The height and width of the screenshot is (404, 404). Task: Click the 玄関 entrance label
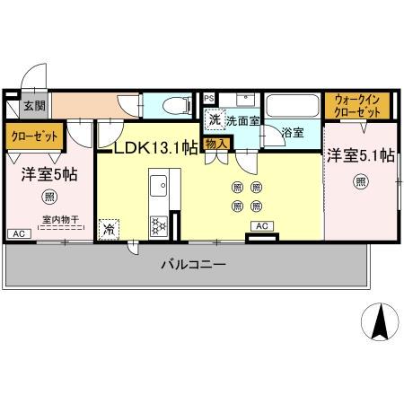(34, 106)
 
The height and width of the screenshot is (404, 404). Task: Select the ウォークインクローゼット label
(357, 106)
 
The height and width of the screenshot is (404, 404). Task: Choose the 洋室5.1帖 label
(360, 155)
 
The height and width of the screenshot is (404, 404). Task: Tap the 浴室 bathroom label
(292, 133)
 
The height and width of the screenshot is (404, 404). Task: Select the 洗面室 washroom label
(242, 120)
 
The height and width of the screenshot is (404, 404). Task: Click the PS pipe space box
(208, 98)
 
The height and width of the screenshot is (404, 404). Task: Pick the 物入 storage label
(216, 144)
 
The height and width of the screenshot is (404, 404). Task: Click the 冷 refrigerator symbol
(110, 229)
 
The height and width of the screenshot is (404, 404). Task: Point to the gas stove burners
(158, 225)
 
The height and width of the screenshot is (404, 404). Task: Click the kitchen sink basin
(158, 189)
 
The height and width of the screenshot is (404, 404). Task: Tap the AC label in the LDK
(262, 225)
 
